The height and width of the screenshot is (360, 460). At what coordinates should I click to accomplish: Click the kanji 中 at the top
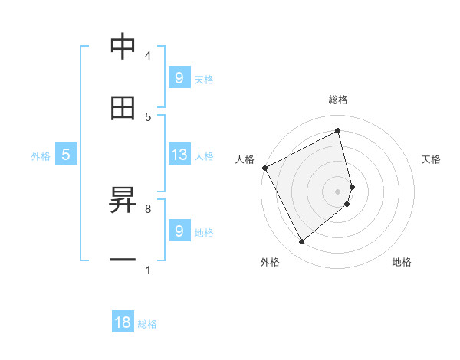123,47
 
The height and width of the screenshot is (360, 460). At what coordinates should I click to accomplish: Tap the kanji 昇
123,200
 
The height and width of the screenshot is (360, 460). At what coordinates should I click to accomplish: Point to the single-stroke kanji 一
123,260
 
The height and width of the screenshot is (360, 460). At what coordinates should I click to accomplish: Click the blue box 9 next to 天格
179,77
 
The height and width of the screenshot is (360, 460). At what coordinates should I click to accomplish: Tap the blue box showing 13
179,155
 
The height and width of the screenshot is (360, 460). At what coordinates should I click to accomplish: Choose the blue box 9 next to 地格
179,231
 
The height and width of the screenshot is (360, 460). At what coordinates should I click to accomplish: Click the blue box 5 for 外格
66,155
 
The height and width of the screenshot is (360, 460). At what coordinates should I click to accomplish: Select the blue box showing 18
123,322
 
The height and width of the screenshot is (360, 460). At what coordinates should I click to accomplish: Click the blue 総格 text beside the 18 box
147,324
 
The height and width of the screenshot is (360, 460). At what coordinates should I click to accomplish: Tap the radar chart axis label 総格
338,100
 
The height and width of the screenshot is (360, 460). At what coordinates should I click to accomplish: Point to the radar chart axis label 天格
432,159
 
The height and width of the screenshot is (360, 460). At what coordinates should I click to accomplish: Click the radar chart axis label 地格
402,262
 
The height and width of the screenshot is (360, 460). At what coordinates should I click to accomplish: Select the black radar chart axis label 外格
270,262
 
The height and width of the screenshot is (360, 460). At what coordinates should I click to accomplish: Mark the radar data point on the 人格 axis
264,168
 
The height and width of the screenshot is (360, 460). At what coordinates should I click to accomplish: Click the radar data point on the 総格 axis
338,131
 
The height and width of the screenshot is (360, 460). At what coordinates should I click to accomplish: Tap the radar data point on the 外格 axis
301,242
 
